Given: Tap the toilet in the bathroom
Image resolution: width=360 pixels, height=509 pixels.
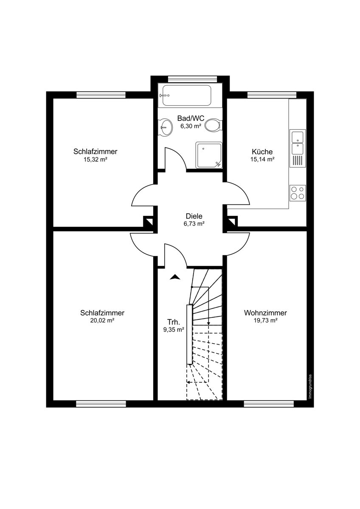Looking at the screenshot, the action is tap(213, 125).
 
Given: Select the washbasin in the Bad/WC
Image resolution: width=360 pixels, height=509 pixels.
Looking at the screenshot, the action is tap(165, 128).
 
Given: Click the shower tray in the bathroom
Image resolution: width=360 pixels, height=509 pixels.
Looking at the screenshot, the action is tap(209, 155).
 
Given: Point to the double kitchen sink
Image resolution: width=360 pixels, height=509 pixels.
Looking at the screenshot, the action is tap(298, 142).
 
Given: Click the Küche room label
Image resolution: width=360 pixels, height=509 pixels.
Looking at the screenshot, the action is tap(262, 151).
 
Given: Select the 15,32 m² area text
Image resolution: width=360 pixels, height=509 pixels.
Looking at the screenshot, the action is tap(95, 159).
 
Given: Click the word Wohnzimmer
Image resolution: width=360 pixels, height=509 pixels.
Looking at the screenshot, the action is tap(265, 313).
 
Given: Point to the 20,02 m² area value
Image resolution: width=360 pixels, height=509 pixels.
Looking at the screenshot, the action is tap(102, 321).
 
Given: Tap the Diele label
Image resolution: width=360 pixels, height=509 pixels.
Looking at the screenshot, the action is tap(194, 216).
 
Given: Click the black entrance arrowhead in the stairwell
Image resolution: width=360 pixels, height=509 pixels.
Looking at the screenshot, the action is tap(174, 277).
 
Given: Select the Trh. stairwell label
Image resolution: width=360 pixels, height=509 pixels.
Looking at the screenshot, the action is tap(174, 322).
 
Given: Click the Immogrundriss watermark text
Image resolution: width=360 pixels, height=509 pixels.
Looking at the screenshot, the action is tap(309, 386).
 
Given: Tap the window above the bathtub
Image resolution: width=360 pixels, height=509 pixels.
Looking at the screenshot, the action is tap(192, 79).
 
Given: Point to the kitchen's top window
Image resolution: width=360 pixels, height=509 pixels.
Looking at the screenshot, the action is tap(272, 95).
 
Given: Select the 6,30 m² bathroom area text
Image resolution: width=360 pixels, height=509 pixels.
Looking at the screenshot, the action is tap(191, 126).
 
